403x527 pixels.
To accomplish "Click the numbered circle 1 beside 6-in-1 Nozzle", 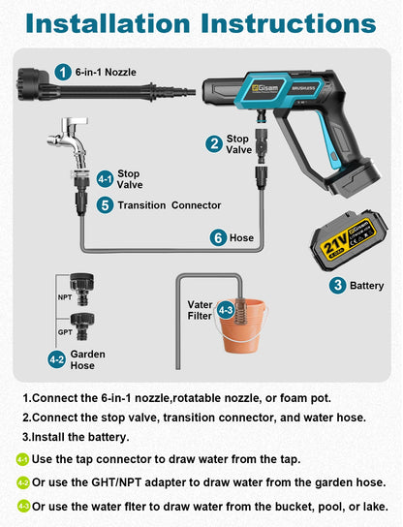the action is pos(63,72).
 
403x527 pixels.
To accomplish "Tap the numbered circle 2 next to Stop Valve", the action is pos(214,143).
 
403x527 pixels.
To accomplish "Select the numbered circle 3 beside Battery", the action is pos(337,286).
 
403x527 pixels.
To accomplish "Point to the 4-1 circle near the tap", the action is pos(106,179).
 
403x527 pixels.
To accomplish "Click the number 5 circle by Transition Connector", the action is pos(106,205).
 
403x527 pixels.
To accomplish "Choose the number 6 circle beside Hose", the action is pos(219,237).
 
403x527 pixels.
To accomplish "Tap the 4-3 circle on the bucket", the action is pos(226,310).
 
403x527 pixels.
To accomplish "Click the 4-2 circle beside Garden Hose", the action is pos(56,359).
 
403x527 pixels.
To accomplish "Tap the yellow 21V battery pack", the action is pos(349,239).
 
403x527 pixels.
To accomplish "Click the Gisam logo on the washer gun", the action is pos(265,88).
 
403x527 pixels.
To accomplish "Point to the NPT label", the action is pos(65,297).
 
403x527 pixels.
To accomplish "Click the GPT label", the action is pos(65,332).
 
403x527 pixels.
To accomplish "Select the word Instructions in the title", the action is pos(289,23).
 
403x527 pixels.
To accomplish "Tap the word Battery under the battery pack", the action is pos(367,286).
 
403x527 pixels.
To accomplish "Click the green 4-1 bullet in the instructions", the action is pos(22,459).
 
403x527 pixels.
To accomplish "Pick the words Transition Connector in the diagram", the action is pos(170,205).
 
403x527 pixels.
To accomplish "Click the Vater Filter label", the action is pos(200,310).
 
